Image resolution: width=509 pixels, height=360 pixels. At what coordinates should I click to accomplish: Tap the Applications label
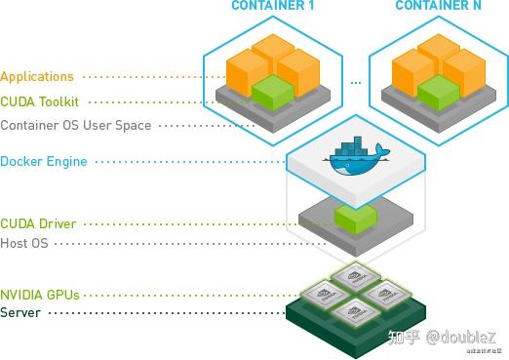(x=37, y=76)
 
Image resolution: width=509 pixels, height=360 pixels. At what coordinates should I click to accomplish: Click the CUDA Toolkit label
(x=40, y=100)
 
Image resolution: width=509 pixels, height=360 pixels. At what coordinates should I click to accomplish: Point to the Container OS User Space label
(x=76, y=125)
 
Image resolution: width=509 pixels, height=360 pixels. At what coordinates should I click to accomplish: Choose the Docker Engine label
(x=44, y=161)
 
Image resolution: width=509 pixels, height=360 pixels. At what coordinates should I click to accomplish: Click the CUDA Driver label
(x=38, y=223)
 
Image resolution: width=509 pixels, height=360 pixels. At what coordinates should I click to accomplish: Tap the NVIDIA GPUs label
(x=40, y=294)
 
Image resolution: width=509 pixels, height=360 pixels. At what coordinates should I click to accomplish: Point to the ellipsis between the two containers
(x=356, y=82)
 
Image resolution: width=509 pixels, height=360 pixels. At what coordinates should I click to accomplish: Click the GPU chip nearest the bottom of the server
(x=356, y=314)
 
